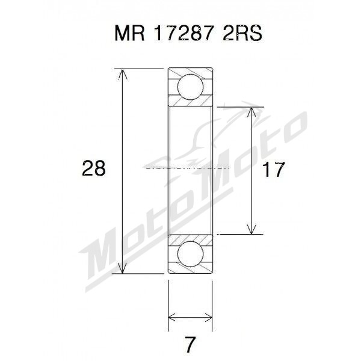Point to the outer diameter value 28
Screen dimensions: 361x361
(x=93, y=169)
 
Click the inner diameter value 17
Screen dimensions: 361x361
(x=273, y=170)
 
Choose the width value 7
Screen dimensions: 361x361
(x=190, y=345)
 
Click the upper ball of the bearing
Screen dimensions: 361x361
(x=190, y=88)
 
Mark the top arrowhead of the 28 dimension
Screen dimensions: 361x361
(x=124, y=74)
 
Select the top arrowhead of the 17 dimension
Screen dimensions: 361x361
(x=251, y=113)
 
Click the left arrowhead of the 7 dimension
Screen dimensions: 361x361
(x=172, y=316)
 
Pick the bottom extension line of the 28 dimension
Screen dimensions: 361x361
(x=141, y=273)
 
